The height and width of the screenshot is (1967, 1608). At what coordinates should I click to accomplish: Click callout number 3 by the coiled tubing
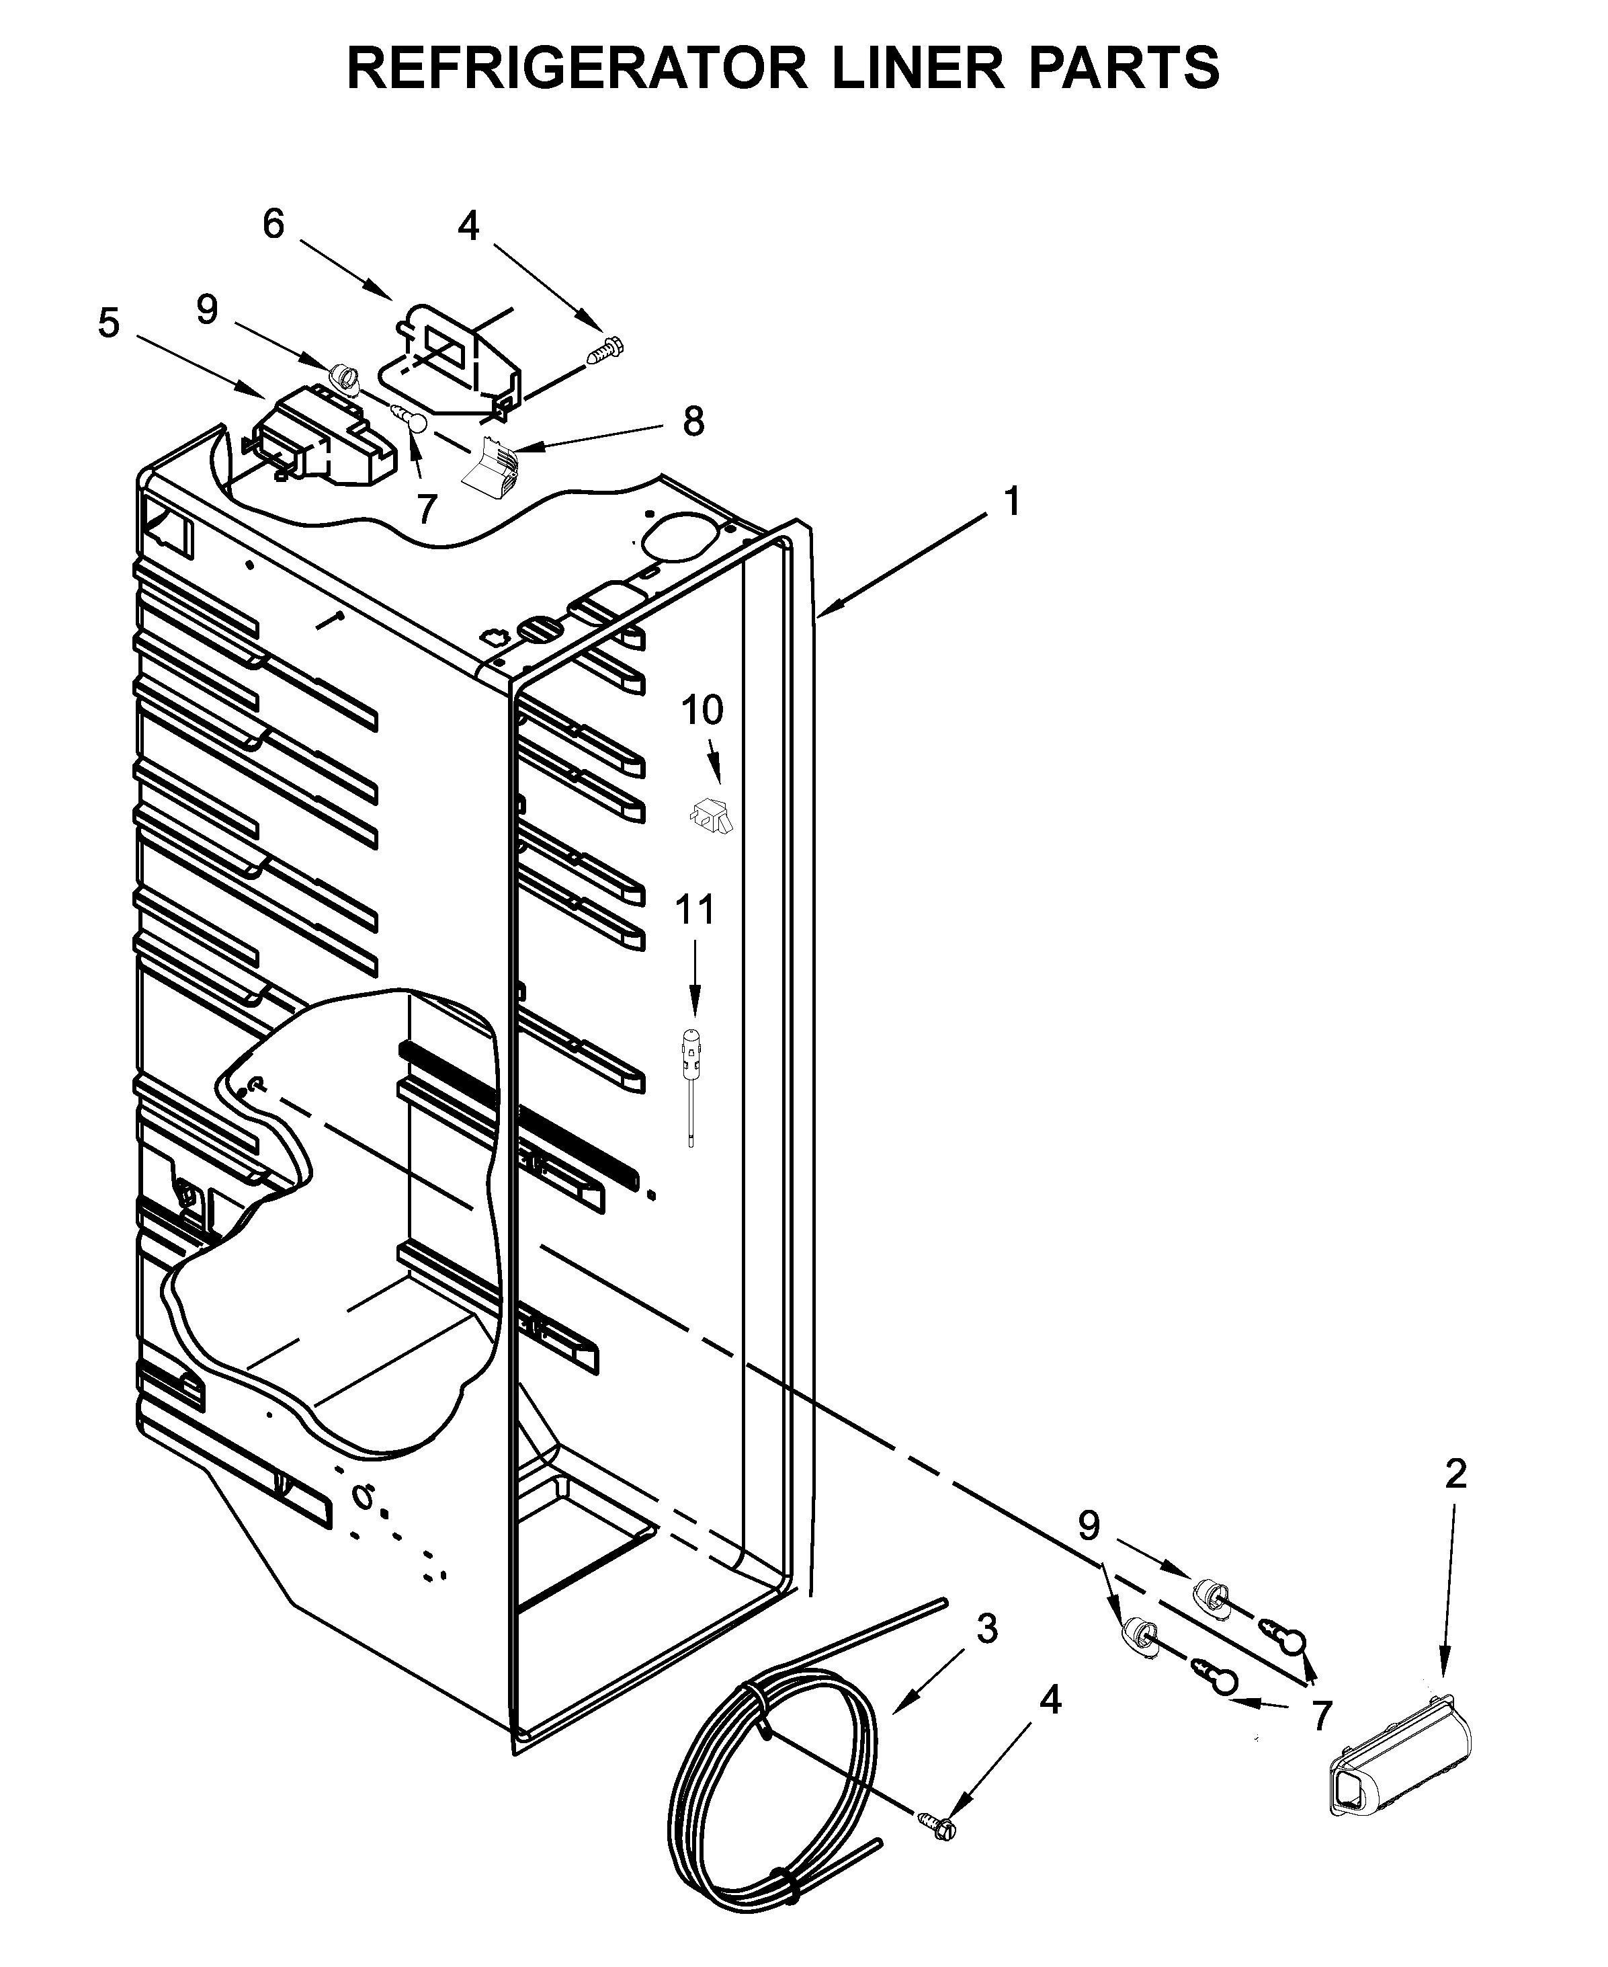[986, 1628]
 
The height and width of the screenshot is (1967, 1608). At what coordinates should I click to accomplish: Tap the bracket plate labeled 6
[454, 357]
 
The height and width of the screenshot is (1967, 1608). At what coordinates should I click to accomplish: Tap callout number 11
[695, 910]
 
